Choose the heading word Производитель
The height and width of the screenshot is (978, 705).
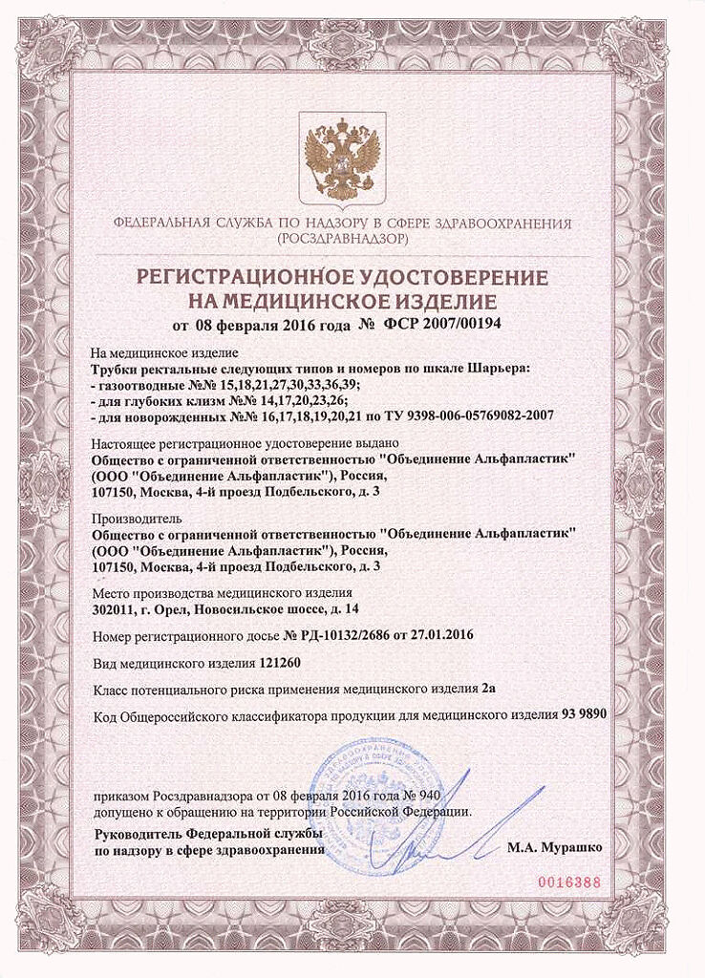pos(130,519)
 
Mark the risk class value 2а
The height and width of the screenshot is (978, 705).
pos(488,688)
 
